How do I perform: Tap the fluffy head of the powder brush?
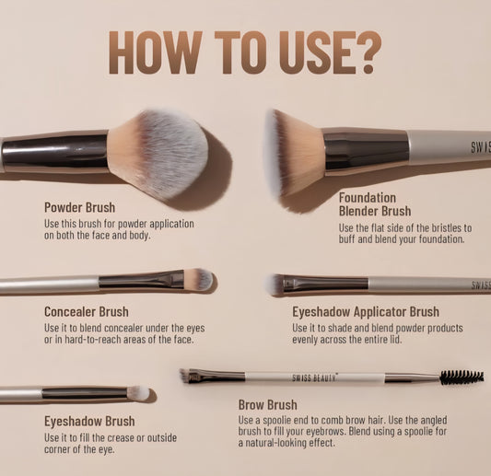coord(158,152)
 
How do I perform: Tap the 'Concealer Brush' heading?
coord(86,312)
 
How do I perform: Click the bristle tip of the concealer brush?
coord(199,279)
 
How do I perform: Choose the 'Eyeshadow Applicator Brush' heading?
coord(365,312)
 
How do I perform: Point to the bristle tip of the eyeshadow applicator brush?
coord(276,284)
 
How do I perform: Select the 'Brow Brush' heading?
coord(268,404)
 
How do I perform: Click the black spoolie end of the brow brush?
coord(462,377)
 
